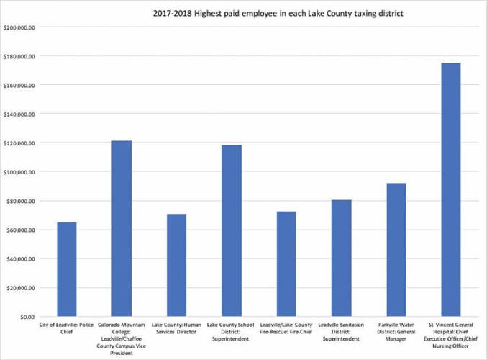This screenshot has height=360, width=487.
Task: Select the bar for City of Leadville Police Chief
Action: point(66,269)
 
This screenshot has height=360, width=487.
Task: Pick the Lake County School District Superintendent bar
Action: point(232,230)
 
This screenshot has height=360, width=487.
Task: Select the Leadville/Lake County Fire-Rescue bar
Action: point(286,264)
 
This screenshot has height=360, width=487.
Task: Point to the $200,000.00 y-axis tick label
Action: point(20,27)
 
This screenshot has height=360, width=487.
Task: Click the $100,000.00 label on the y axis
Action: point(20,172)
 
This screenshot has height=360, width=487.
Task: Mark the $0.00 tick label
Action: point(27,317)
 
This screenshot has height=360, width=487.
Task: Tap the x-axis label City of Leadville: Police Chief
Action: point(66,330)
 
